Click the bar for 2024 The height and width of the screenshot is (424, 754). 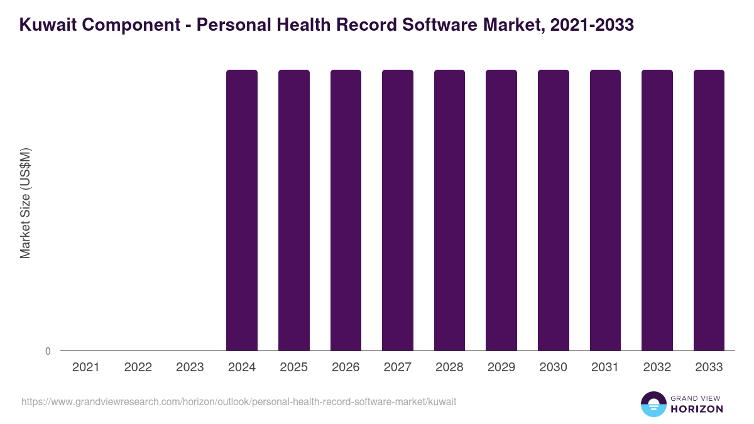click(242, 210)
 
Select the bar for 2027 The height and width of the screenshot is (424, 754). click(398, 210)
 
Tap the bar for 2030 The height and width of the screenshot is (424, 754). click(554, 210)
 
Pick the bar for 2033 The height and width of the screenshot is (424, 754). click(709, 210)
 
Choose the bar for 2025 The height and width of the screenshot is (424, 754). click(294, 210)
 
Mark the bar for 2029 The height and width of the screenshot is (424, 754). click(501, 210)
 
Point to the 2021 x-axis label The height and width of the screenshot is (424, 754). click(86, 367)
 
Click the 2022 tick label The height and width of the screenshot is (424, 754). click(138, 367)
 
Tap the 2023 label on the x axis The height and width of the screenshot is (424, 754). click(190, 367)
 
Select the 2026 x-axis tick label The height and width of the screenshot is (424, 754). click(346, 367)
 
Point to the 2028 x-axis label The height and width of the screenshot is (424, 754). click(449, 367)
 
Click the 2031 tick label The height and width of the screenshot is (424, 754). click(605, 367)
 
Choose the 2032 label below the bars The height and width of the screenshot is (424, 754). click(657, 367)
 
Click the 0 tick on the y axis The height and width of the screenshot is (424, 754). click(48, 351)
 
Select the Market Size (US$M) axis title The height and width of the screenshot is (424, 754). click(25, 203)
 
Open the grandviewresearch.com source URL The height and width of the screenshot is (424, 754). click(239, 401)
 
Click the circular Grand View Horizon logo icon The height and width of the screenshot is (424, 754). click(653, 404)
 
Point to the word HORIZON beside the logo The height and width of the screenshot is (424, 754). click(697, 409)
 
